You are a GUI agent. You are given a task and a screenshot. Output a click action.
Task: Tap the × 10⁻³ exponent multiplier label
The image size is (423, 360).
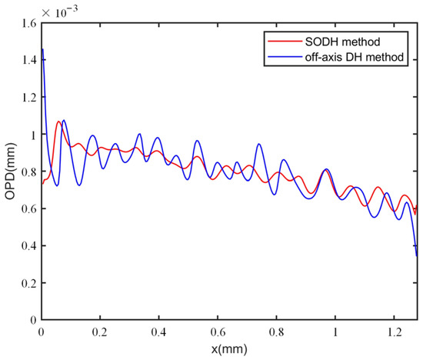click(62, 12)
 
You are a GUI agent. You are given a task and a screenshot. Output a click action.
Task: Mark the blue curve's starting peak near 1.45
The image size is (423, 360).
click(42, 50)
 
